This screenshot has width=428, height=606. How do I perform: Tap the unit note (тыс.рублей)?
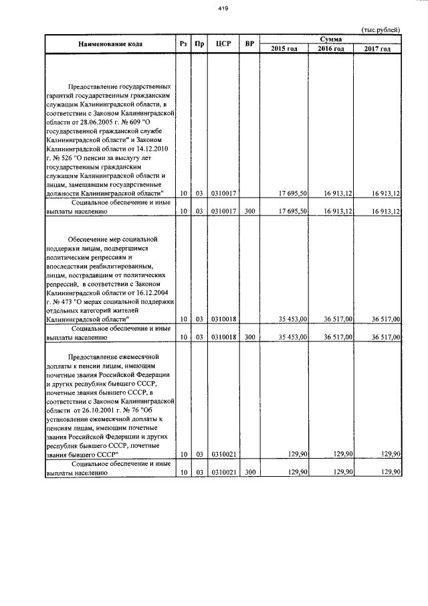pos(381,30)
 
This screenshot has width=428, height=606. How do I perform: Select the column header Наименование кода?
pos(110,44)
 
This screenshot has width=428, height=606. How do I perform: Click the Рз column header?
pos(183,44)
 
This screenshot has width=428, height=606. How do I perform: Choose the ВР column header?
pos(249,44)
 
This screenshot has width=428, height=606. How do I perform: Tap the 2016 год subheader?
pos(331,49)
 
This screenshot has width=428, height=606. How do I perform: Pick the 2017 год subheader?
pos(377,49)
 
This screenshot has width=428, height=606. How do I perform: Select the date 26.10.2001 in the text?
pos(98,410)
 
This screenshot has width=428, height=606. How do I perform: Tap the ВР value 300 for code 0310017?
pos(249,211)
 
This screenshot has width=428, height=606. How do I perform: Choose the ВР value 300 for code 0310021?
pos(249,472)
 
